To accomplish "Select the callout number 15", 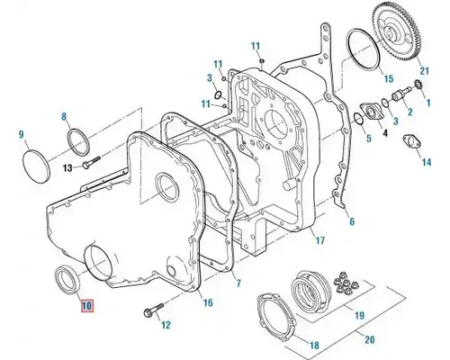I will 389,80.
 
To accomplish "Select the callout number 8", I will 64,117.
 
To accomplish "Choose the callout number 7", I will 238,283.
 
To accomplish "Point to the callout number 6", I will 352,220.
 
